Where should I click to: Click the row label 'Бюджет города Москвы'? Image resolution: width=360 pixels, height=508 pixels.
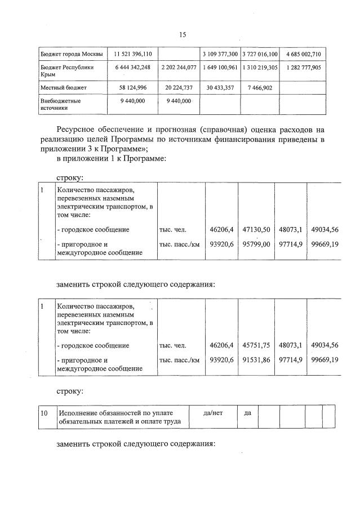[x=71, y=54]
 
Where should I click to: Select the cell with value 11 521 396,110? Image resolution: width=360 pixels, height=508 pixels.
[x=132, y=54]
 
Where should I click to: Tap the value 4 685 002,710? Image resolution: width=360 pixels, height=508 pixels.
[x=303, y=54]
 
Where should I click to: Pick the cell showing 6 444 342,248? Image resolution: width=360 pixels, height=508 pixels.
[x=132, y=67]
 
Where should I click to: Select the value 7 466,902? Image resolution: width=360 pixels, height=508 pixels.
[x=260, y=87]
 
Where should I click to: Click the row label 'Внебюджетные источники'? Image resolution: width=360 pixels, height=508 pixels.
[x=61, y=104]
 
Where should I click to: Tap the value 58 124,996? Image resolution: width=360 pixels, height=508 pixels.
[x=132, y=87]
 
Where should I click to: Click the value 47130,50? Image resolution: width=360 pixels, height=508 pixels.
[x=256, y=229]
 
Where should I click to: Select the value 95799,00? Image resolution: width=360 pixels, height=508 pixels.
[x=256, y=245]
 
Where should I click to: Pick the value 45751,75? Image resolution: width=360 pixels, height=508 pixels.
[x=256, y=345]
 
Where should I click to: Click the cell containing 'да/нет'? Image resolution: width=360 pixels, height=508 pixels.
[x=212, y=413]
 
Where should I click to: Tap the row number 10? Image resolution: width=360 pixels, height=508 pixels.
[x=43, y=413]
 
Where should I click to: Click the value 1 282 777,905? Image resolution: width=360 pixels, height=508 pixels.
[x=303, y=67]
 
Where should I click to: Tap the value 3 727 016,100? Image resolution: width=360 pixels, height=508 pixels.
[x=260, y=54]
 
